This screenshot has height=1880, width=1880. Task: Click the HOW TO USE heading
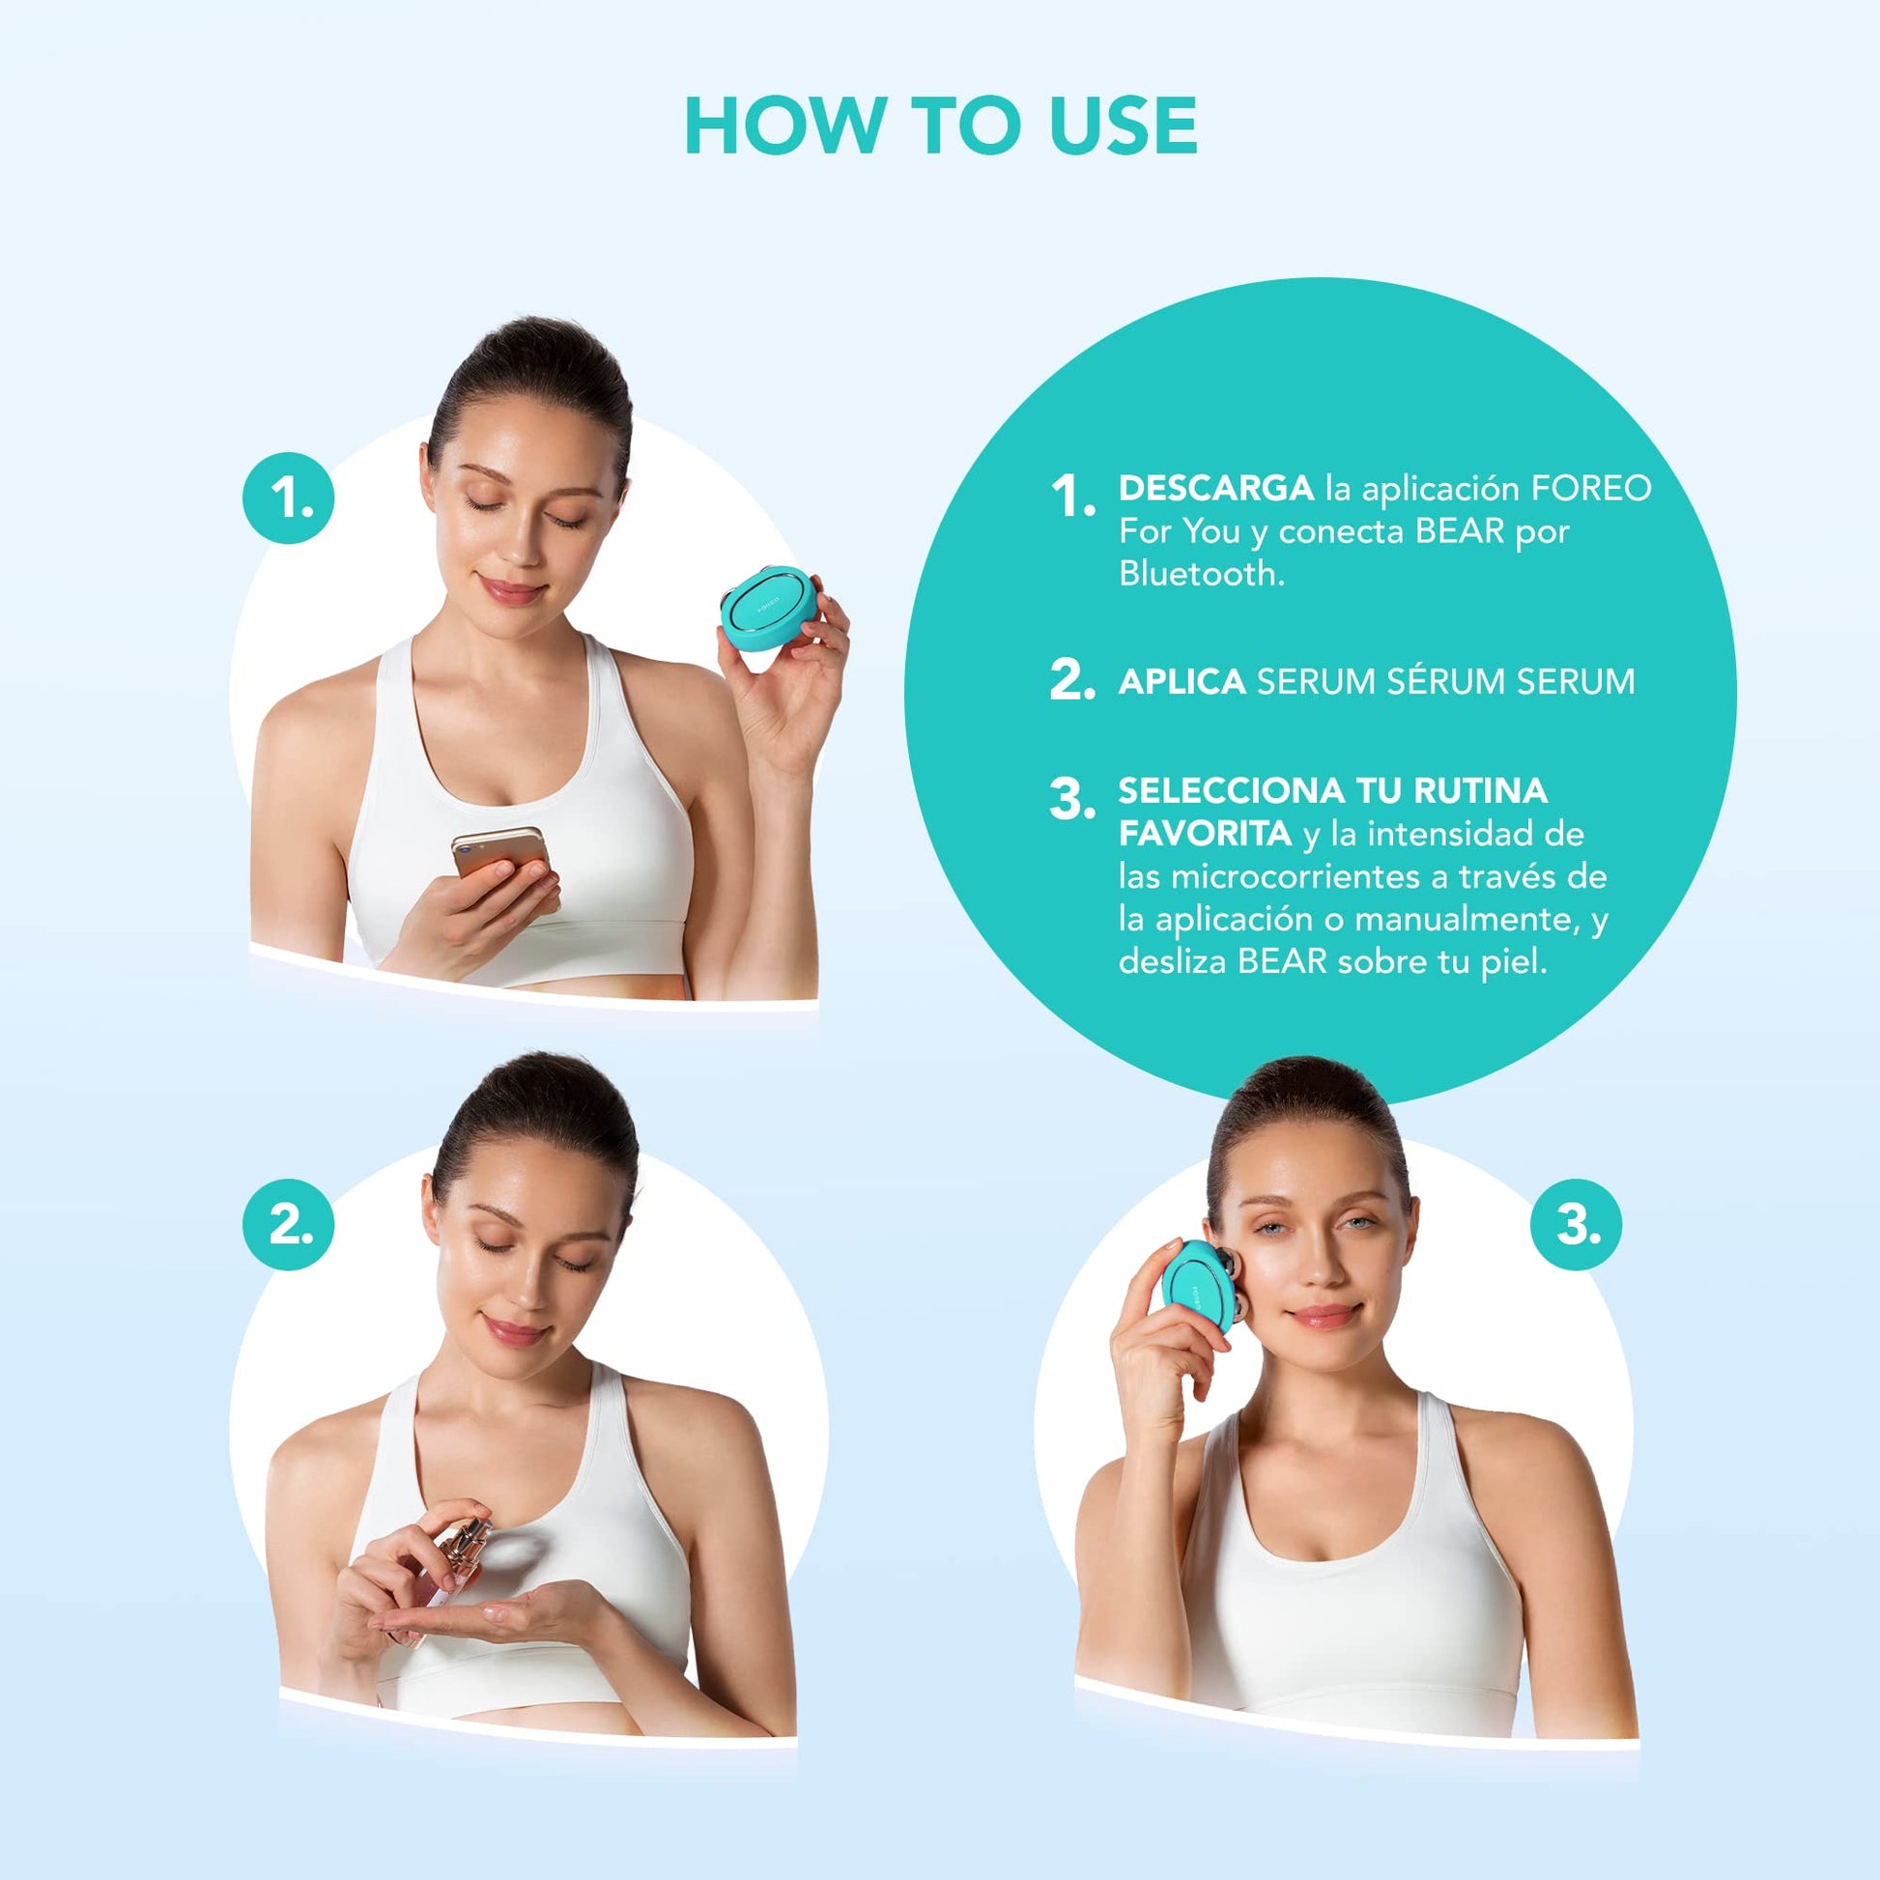pyautogui.click(x=940, y=126)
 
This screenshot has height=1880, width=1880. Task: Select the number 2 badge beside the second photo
pyautogui.click(x=289, y=1223)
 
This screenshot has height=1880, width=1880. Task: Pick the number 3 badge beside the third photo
pyautogui.click(x=1576, y=1223)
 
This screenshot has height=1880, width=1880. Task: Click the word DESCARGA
pyautogui.click(x=1215, y=488)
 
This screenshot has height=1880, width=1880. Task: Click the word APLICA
pyautogui.click(x=1182, y=681)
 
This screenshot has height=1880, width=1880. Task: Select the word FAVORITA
pyautogui.click(x=1205, y=833)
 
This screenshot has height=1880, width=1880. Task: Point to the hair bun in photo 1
pyautogui.click(x=527, y=375)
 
